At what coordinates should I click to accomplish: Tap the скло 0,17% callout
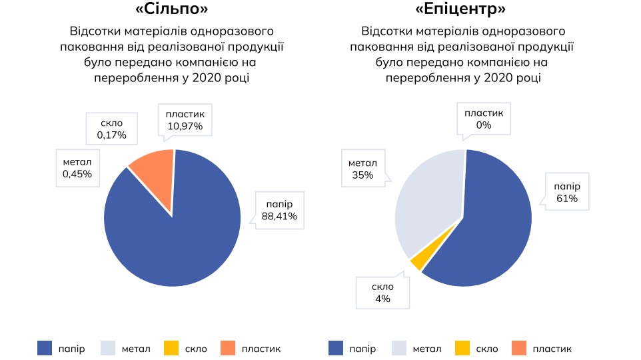(x=112, y=129)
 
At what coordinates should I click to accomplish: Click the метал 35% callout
(x=362, y=169)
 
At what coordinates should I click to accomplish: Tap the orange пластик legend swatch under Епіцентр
(x=520, y=348)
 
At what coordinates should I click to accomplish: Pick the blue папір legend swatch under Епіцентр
(x=336, y=348)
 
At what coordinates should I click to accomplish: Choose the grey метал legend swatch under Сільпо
(x=108, y=348)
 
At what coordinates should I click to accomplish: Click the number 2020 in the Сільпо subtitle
(x=206, y=78)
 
